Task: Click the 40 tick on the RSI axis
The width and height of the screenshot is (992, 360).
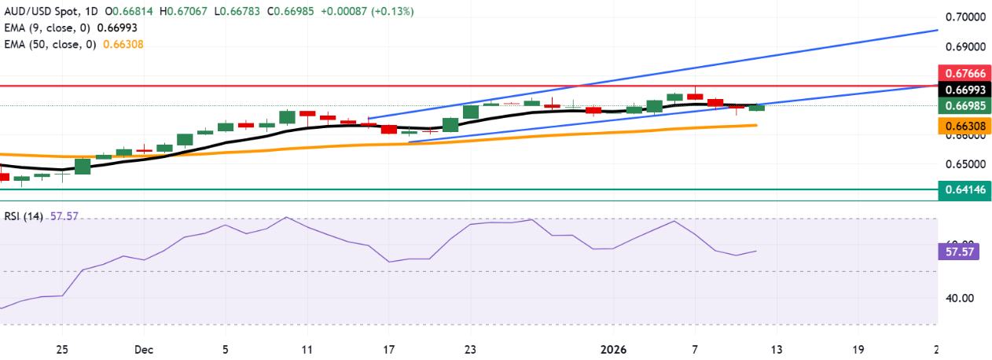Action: [x=953, y=298]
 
